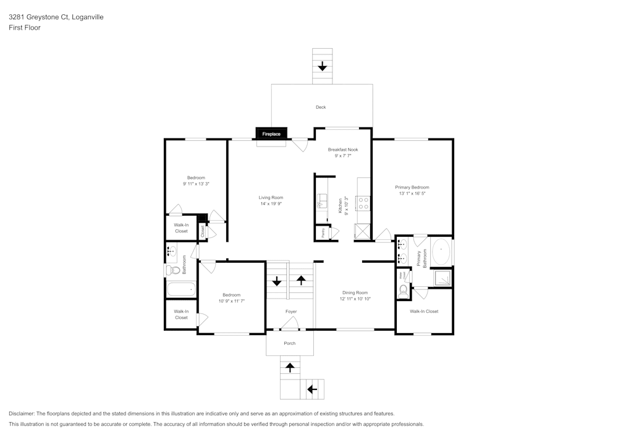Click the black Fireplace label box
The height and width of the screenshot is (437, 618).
click(x=271, y=134)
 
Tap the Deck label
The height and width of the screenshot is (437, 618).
click(x=321, y=108)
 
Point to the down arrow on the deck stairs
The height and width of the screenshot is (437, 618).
click(x=322, y=66)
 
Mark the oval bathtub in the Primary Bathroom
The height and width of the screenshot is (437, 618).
click(x=441, y=253)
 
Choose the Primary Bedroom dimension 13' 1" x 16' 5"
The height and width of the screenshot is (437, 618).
click(x=412, y=193)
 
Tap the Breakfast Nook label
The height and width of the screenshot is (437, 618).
click(x=343, y=150)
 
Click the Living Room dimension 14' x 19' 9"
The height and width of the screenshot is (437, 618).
click(x=271, y=204)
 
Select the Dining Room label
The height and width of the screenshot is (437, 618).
click(x=355, y=292)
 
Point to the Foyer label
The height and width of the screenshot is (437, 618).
click(x=290, y=312)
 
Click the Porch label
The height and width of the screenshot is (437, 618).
click(x=290, y=343)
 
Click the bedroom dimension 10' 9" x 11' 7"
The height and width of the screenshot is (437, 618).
click(x=232, y=301)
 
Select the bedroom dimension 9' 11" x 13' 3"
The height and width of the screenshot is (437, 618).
click(x=196, y=184)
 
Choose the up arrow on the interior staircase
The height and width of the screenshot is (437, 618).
click(x=302, y=280)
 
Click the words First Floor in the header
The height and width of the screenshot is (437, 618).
click(x=25, y=28)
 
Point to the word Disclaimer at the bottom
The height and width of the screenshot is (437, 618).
click(x=22, y=414)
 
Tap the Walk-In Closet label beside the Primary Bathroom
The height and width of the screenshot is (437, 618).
click(x=424, y=312)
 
